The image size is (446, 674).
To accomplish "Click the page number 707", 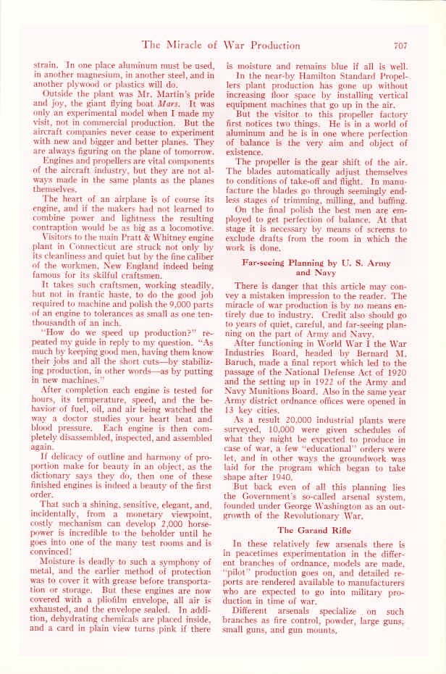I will point(400,45).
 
